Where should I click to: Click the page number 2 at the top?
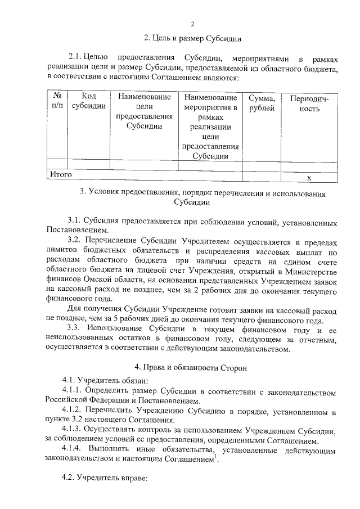coord(192,24)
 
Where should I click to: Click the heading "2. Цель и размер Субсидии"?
coord(192,39)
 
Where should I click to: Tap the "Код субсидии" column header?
coord(89,102)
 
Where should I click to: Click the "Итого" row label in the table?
coord(61,175)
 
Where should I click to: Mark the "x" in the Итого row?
coord(309,178)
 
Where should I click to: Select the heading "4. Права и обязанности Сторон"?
coord(192,367)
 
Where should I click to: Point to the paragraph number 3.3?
coord(74,328)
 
